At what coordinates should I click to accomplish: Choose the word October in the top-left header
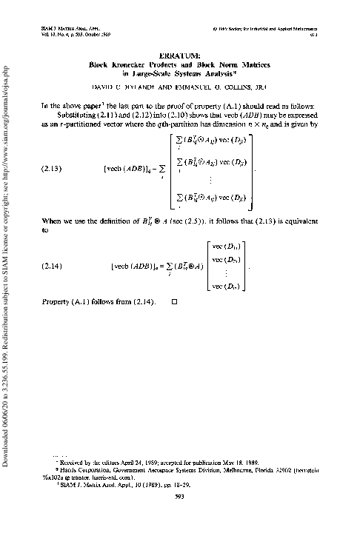[86, 35]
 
